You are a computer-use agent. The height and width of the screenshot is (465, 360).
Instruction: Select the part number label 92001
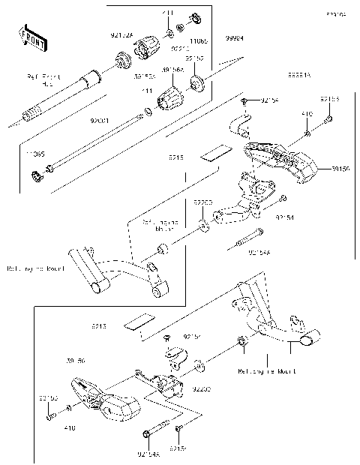tap(100, 119)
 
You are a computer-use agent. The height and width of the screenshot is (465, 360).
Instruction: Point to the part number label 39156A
tap(174, 68)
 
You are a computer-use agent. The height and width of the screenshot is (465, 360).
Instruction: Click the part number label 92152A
tap(122, 35)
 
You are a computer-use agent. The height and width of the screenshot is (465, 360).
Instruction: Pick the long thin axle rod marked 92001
tap(97, 143)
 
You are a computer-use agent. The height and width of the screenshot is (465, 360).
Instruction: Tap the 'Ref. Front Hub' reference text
tap(43, 80)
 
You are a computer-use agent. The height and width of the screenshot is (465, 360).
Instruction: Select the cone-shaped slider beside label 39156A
tap(170, 96)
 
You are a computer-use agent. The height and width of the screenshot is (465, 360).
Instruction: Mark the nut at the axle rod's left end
tap(34, 177)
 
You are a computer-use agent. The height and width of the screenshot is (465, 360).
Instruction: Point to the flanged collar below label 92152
tap(196, 83)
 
